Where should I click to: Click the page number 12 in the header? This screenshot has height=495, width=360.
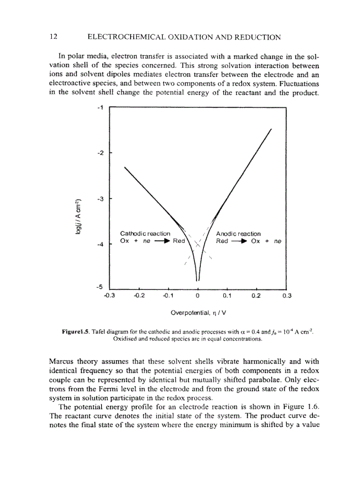(x=54, y=37)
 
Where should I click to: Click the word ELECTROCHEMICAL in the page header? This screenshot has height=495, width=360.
(x=124, y=37)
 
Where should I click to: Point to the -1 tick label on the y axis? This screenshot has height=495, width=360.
(x=100, y=107)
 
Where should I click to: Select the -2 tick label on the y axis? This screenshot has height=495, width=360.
(x=100, y=153)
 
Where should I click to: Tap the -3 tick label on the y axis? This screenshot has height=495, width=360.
(x=100, y=199)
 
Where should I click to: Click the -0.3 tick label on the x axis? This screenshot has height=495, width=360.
(x=109, y=296)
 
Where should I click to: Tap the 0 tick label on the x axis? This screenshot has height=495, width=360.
(x=198, y=296)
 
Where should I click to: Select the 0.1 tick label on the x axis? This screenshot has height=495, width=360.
(x=227, y=296)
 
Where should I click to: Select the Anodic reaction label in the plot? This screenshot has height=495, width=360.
(x=238, y=234)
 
